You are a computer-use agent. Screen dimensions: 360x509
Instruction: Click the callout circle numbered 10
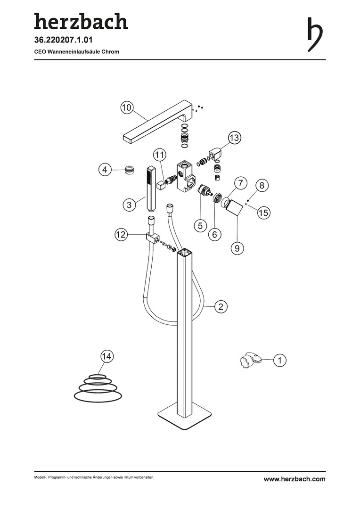(x=127, y=107)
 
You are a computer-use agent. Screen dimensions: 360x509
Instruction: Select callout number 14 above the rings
(x=106, y=356)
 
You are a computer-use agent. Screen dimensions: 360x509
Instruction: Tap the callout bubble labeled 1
(x=280, y=360)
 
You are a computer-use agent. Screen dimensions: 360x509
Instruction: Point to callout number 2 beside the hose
(x=221, y=306)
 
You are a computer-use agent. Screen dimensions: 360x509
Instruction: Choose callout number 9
(x=237, y=248)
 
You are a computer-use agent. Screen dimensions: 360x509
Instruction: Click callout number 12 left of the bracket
(x=121, y=234)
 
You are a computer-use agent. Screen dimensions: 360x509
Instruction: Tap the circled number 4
(x=105, y=170)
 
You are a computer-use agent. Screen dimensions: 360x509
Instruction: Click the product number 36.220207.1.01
(x=63, y=40)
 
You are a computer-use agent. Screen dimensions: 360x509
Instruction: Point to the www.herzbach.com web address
(x=295, y=479)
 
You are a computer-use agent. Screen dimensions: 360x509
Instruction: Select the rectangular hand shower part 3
(x=151, y=188)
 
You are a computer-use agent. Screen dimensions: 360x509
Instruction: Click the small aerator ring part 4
(x=130, y=170)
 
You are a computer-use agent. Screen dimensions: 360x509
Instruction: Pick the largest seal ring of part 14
(x=99, y=395)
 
